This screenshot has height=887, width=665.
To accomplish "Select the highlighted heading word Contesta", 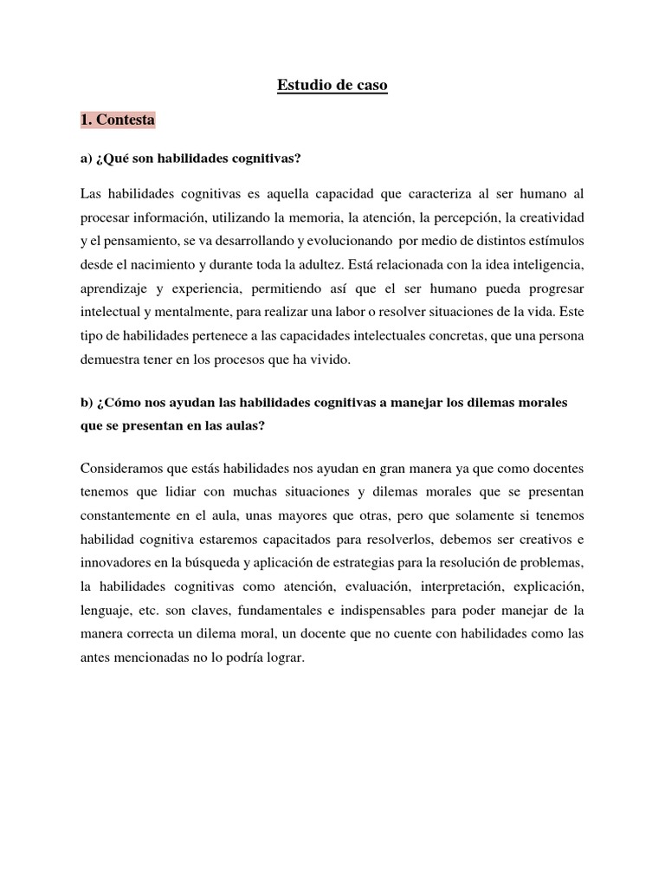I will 126,120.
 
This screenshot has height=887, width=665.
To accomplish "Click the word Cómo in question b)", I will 119,404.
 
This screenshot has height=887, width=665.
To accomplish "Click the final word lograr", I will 286,658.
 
